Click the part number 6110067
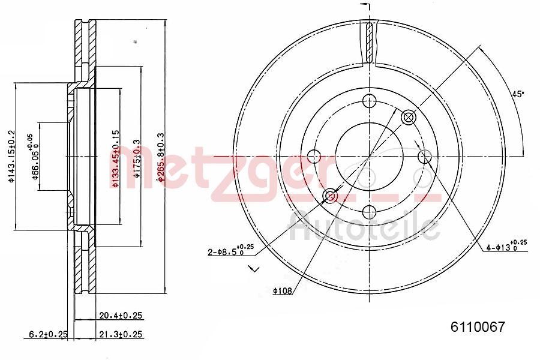point(478,328)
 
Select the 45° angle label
point(517,94)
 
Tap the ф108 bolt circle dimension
point(281,291)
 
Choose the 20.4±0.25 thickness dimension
point(120,315)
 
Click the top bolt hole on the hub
point(368,100)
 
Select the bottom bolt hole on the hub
point(368,212)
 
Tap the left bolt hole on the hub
point(313,157)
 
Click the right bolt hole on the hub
point(424,157)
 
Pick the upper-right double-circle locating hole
point(408,117)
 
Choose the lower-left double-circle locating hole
point(329,196)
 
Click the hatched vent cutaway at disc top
point(369,42)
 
